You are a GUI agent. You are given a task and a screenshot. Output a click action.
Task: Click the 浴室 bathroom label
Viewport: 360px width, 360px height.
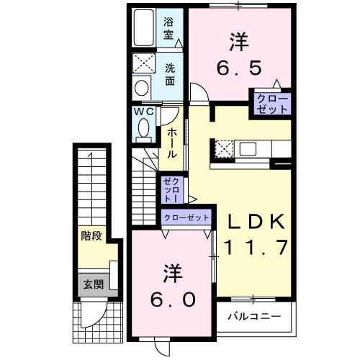pos(169,27)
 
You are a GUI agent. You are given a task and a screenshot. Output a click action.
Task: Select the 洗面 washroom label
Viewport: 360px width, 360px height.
pos(170,75)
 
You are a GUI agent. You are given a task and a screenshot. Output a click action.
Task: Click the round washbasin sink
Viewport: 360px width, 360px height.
pos(141,88)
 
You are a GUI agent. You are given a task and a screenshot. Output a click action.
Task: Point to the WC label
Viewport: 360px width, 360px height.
pos(142,112)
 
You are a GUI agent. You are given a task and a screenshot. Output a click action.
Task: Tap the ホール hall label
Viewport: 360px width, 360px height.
pos(173,143)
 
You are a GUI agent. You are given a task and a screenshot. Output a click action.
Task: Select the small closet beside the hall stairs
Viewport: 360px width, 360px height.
pos(171,189)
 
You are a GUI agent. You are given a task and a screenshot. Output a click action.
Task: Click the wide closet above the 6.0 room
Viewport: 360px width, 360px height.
pos(186,217)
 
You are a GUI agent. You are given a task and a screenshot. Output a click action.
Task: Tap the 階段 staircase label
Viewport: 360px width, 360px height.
pos(90,234)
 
